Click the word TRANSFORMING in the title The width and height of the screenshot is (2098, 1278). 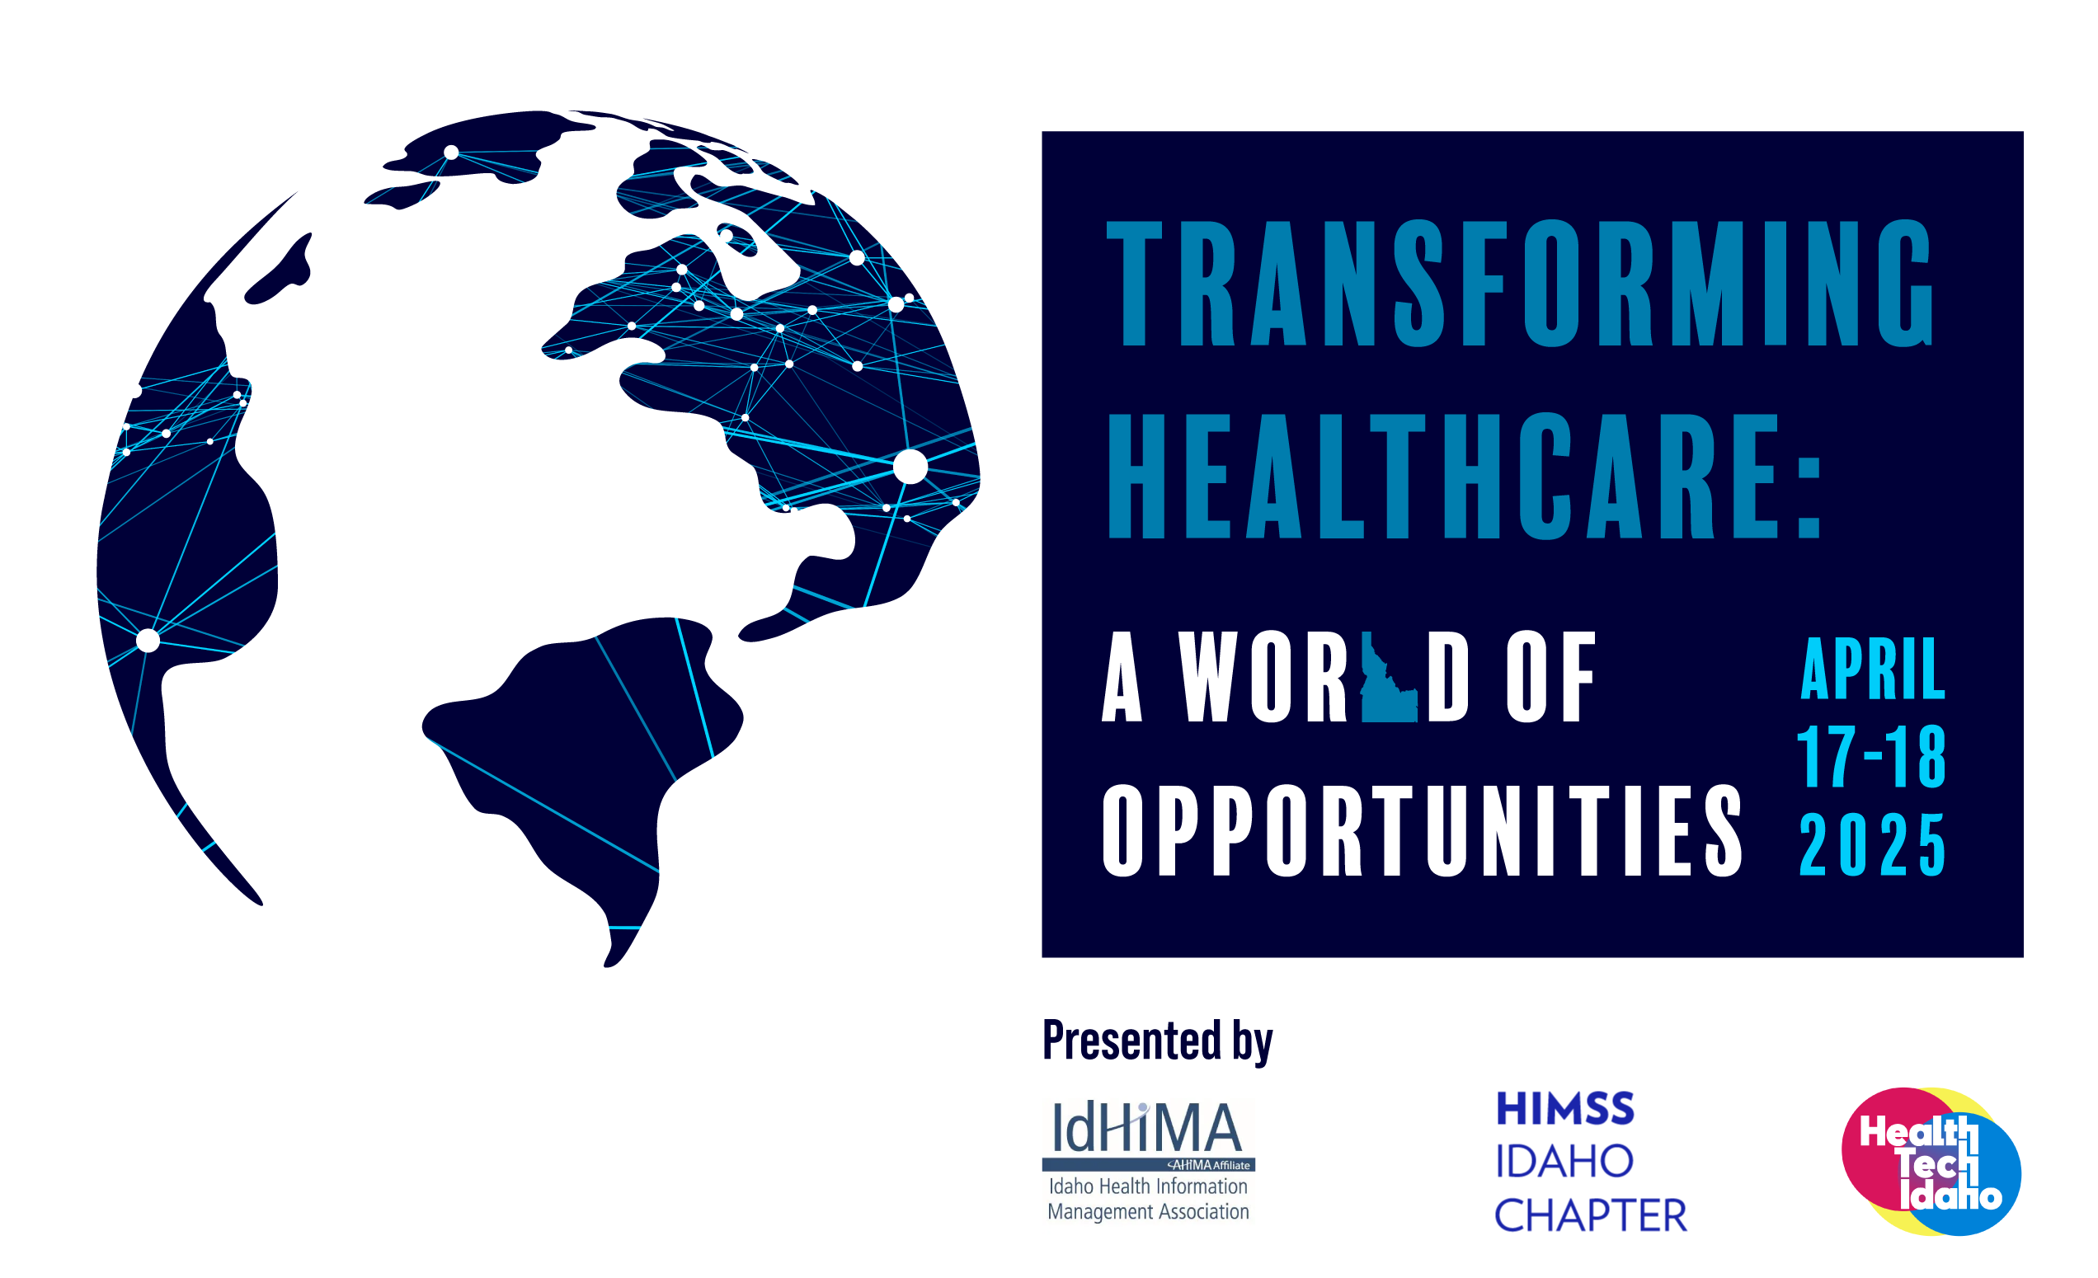1520,283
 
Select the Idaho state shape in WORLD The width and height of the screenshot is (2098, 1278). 1389,678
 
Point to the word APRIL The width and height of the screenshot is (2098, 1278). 1872,669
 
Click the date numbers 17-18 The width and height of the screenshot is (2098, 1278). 1871,756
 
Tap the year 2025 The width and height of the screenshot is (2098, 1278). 1872,843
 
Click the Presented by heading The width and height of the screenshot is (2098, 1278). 1157,1040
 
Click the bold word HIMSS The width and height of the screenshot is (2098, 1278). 1565,1109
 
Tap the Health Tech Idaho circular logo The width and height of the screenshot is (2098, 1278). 1931,1162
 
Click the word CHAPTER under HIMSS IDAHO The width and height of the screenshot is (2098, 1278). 1591,1215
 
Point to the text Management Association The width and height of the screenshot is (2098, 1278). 1148,1211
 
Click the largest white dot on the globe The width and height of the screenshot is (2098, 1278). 910,467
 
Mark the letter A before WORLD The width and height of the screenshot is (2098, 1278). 1122,678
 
